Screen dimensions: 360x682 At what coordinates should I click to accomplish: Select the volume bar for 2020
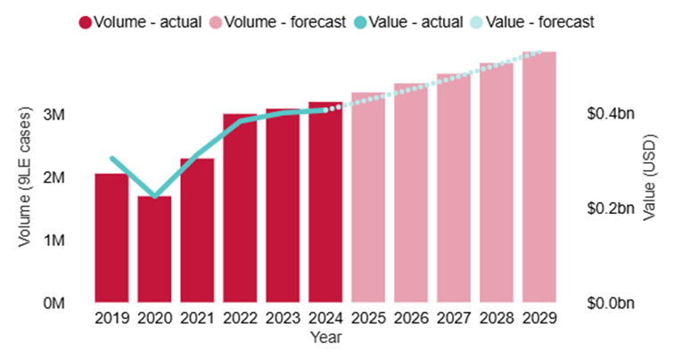[154, 250]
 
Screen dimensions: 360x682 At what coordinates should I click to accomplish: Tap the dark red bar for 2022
[240, 209]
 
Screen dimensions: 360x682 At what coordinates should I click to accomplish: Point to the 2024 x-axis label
[325, 318]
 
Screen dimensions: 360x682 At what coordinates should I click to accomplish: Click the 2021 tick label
[197, 318]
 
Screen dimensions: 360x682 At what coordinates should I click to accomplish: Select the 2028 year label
[497, 318]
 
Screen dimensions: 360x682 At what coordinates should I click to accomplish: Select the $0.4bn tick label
[611, 115]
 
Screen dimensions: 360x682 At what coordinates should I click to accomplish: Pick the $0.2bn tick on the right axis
[611, 209]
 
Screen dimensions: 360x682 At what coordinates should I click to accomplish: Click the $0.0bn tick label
[611, 303]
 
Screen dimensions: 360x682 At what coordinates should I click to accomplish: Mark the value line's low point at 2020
[155, 196]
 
